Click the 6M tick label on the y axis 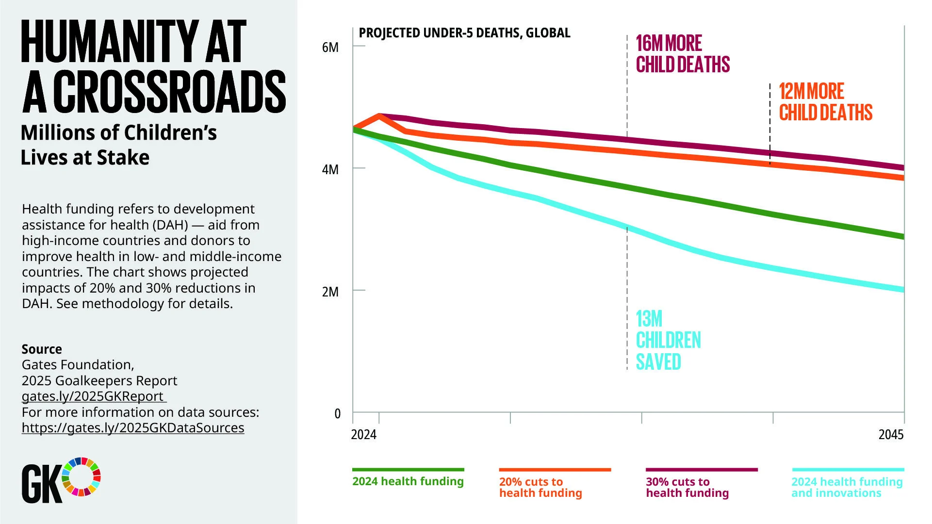[x=330, y=48]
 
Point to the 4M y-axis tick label [x=330, y=170]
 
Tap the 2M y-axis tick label [x=330, y=292]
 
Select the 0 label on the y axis [x=338, y=414]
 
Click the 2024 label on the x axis [x=363, y=435]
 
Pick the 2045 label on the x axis [x=891, y=435]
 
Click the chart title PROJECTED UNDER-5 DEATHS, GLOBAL [x=464, y=33]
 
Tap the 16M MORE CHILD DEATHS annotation [x=682, y=54]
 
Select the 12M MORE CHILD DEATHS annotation [x=825, y=102]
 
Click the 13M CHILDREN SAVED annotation [x=668, y=340]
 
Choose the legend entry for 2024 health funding [x=408, y=481]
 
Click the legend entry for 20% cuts [x=540, y=487]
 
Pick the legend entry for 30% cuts [x=687, y=487]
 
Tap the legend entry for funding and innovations [x=847, y=487]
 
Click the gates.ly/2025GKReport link [x=93, y=396]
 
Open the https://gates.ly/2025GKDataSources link [x=133, y=428]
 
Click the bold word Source [x=42, y=349]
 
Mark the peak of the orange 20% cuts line [x=379, y=115]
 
